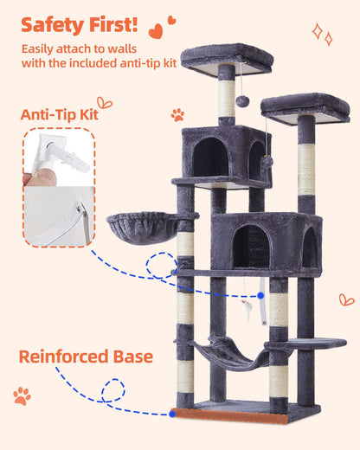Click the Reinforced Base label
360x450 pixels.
tap(87, 357)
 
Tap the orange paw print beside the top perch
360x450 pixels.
tap(177, 114)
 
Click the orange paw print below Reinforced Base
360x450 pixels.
tap(22, 395)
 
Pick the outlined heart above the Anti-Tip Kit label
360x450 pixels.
tap(105, 102)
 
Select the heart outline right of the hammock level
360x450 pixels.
tap(346, 299)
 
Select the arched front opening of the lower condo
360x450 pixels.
tap(251, 246)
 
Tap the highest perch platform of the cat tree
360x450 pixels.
tap(227, 58)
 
